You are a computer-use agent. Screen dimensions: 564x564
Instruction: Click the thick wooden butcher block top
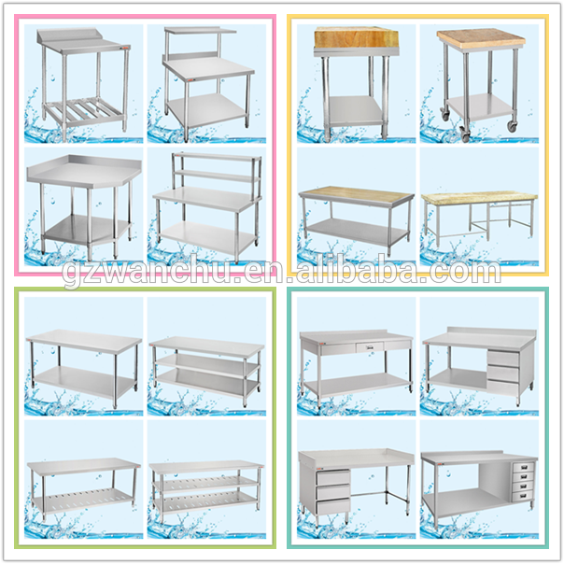click(356, 38)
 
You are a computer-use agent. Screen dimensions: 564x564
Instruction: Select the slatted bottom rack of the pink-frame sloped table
click(83, 109)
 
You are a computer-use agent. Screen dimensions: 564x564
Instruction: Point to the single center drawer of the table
click(370, 347)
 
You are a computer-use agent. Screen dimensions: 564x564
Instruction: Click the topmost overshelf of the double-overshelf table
click(218, 157)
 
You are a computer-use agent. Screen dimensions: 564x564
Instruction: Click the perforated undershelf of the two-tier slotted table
click(82, 501)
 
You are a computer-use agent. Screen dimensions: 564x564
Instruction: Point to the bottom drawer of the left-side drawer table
click(333, 506)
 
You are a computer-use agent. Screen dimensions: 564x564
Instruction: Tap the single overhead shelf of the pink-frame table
click(200, 30)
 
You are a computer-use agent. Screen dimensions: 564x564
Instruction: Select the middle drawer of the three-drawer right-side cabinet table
click(503, 373)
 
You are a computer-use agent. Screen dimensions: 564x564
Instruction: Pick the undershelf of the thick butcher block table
click(356, 108)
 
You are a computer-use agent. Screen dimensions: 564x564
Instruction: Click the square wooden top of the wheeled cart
click(481, 37)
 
